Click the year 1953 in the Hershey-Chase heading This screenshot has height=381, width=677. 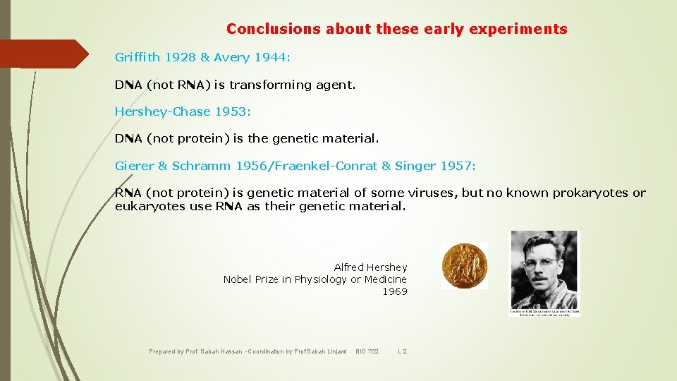231,111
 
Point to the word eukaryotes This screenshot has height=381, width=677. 147,206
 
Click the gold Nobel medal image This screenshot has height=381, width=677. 464,265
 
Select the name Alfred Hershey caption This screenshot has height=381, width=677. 370,267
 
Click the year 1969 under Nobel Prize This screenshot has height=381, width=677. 394,291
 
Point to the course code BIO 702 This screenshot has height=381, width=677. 367,351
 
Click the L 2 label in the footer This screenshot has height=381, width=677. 402,351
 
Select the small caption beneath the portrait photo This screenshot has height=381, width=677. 544,312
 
